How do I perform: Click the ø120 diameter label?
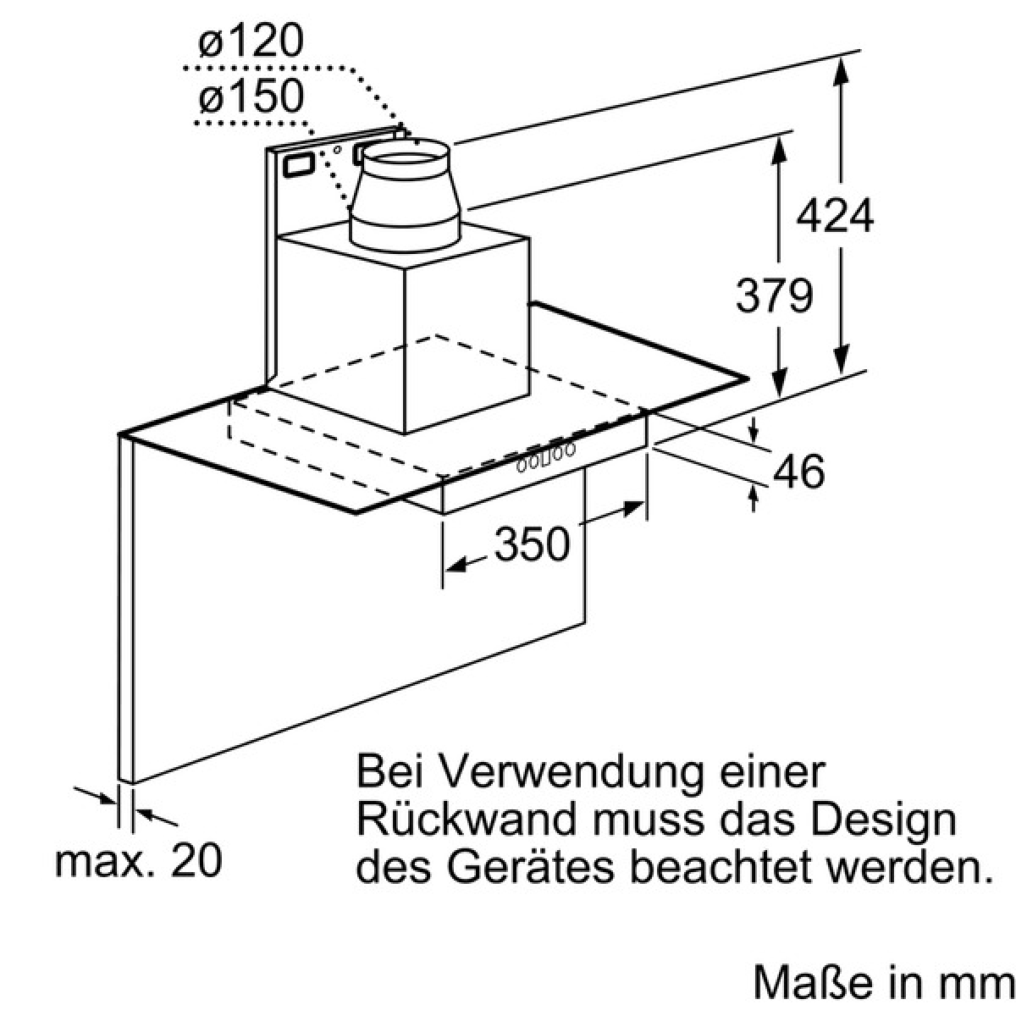click(251, 41)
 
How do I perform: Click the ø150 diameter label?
click(251, 96)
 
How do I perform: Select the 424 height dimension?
click(835, 215)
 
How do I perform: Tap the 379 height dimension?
click(775, 295)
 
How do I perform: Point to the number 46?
click(799, 471)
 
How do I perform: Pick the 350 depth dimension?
click(532, 544)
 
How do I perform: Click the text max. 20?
click(139, 861)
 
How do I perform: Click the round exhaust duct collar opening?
click(405, 157)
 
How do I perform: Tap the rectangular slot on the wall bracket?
click(299, 164)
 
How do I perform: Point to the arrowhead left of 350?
click(456, 566)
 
